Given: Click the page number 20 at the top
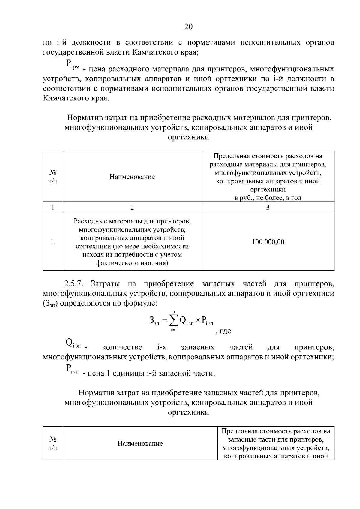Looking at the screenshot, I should (x=188, y=27).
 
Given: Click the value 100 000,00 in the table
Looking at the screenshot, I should (x=268, y=242).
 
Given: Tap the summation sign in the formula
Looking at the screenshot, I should (x=173, y=321).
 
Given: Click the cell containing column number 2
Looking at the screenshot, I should (x=132, y=208).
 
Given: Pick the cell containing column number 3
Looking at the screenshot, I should (x=268, y=208).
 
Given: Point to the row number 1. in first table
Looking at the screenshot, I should (x=53, y=242).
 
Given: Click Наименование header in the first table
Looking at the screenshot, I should (x=132, y=177).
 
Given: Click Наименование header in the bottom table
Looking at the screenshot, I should (x=140, y=443).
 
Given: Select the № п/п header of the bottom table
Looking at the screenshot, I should (x=53, y=443).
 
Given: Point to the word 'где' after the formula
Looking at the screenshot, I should (x=225, y=331).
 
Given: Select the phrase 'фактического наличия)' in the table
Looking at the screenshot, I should (x=132, y=263).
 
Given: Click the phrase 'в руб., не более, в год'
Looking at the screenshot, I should (x=268, y=198).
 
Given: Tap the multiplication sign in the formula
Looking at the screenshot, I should (x=198, y=321).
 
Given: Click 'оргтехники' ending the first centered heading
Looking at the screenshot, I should (x=188, y=137).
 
